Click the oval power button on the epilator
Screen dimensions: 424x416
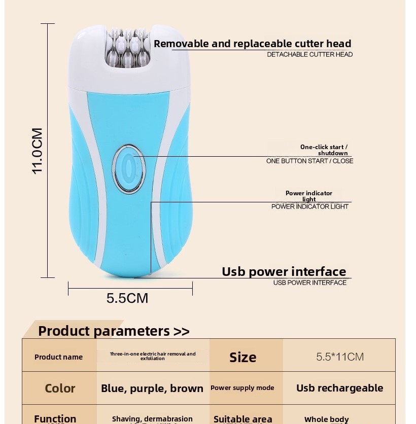pos(128,169)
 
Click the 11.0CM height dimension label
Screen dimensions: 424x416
pos(38,151)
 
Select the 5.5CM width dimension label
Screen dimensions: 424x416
pos(127,298)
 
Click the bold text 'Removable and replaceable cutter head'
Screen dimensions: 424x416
pos(253,44)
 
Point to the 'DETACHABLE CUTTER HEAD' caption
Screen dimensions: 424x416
pos(309,54)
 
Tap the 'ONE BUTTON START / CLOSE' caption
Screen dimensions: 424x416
pos(309,161)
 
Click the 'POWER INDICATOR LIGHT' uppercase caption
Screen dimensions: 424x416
pos(309,206)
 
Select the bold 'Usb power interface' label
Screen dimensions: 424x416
pos(284,271)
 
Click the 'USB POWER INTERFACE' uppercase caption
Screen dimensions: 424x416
pos(309,282)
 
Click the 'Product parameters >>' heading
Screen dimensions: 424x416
pos(114,331)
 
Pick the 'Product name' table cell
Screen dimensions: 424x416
pos(59,357)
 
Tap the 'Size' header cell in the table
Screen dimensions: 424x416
pos(242,357)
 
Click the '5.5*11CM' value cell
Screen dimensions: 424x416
pos(340,357)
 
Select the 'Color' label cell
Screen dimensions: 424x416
pos(60,388)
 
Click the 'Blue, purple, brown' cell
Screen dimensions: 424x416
pos(152,388)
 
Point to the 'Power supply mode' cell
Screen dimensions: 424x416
pos(242,388)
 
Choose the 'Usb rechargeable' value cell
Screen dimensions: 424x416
pos(340,388)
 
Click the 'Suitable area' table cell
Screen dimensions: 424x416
pos(242,419)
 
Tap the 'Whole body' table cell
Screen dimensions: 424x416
pos(327,419)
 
